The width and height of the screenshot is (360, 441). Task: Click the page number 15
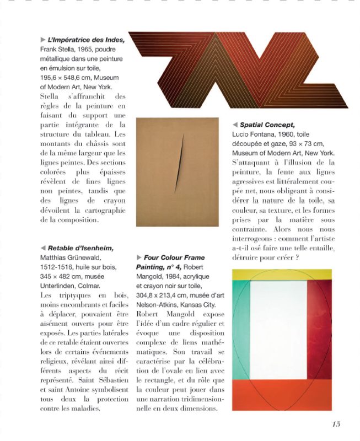(336, 423)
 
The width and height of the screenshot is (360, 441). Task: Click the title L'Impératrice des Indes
(85, 40)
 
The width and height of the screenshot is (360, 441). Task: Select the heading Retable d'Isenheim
(80, 248)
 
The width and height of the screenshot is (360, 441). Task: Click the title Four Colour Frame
(174, 257)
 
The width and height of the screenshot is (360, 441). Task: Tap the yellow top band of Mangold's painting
(281, 274)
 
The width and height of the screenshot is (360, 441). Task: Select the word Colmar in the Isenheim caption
(88, 286)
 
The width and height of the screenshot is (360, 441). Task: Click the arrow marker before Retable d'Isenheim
(43, 248)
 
